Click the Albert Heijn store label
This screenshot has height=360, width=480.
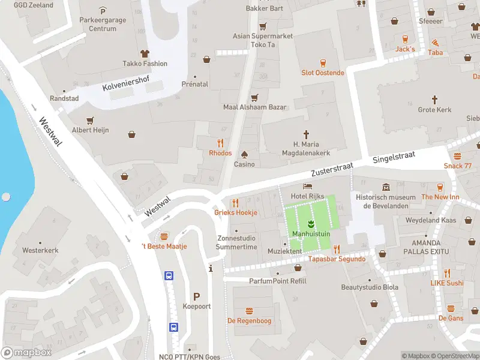click(91, 130)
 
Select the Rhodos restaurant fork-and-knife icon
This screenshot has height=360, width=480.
click(220, 143)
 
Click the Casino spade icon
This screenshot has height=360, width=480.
click(244, 154)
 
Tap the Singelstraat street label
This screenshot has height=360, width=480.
click(394, 157)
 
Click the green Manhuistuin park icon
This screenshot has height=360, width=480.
click(311, 224)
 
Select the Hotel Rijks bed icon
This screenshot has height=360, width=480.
click(308, 187)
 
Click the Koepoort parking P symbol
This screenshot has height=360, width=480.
click(196, 296)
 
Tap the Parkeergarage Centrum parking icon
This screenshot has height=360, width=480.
click(103, 11)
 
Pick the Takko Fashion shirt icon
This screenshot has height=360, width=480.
click(145, 53)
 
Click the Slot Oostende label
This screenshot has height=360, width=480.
click(323, 73)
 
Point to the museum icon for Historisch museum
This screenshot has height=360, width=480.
click(385, 187)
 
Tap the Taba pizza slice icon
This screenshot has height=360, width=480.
click(435, 43)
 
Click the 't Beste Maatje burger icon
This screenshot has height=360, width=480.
click(164, 236)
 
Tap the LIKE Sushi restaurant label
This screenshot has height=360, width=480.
click(447, 283)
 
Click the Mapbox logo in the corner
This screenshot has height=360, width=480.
click(26, 353)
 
